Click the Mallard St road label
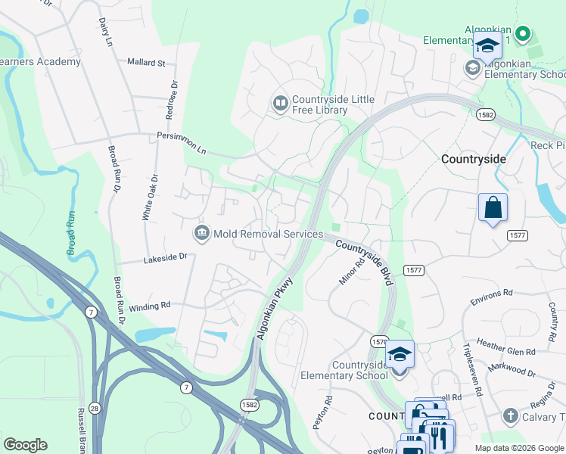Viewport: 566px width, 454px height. pos(146,62)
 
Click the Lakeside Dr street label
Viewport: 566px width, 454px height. pos(165,258)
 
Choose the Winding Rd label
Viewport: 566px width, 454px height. pos(150,306)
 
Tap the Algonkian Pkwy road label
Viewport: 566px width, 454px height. pos(274,306)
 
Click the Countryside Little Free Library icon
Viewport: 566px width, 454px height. pos(281,102)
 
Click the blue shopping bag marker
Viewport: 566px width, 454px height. pos(493,207)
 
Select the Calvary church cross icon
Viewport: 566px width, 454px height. pos(510,416)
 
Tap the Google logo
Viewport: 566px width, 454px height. pos(25,445)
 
